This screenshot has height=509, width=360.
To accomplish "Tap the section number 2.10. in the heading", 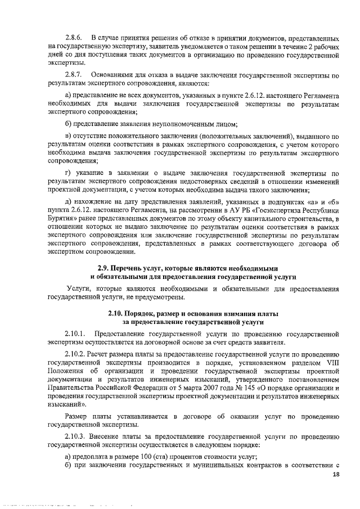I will (119, 313).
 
